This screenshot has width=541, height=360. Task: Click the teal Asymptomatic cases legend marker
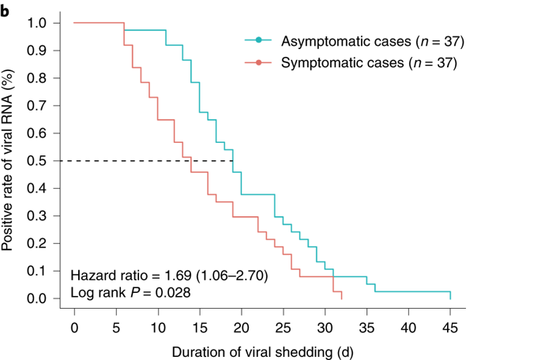point(258,39)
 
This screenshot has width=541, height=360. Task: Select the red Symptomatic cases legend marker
point(258,61)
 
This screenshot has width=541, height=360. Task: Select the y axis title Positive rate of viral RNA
point(9,161)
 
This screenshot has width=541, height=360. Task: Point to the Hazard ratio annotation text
point(170,276)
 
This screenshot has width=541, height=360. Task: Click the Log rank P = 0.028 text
point(130,292)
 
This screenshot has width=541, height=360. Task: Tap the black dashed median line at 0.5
point(150,161)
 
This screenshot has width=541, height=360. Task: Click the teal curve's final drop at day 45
point(450,295)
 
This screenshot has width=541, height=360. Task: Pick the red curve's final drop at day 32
point(341,294)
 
